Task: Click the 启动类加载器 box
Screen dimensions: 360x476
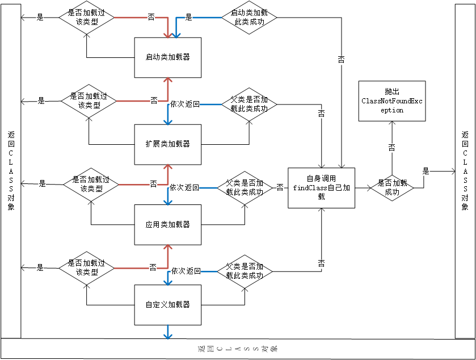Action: [x=167, y=57]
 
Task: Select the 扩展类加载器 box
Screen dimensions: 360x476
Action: [x=167, y=144]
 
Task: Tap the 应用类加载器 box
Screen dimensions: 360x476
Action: [x=167, y=225]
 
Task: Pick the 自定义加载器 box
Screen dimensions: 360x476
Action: [x=167, y=305]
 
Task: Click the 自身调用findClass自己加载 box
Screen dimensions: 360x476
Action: [x=321, y=188]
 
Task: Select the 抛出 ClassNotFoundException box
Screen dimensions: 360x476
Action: [x=391, y=101]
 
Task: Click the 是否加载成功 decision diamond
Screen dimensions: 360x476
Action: [x=392, y=187]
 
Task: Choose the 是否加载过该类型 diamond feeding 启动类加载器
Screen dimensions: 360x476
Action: [x=86, y=16]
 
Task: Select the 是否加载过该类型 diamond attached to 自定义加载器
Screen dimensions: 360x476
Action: [x=86, y=267]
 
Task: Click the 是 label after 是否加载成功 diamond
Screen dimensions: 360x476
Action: [x=426, y=170]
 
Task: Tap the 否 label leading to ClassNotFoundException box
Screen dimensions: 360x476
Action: [x=391, y=147]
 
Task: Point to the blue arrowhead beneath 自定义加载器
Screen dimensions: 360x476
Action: [x=167, y=335]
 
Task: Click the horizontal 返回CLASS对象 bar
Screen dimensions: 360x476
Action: [x=238, y=348]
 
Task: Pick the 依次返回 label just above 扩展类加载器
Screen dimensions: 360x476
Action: [x=185, y=104]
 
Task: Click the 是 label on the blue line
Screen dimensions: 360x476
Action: [x=189, y=17]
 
